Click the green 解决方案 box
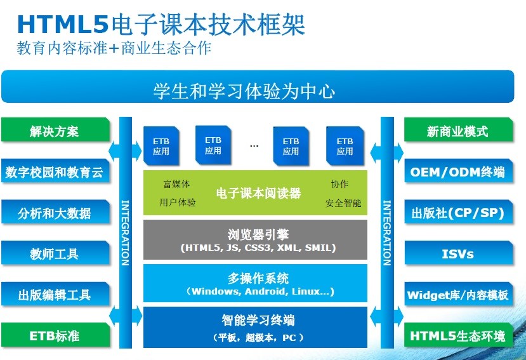(55, 130)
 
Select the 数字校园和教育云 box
(55, 171)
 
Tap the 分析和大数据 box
(55, 212)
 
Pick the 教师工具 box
(55, 253)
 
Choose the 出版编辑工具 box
(55, 294)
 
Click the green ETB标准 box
(55, 335)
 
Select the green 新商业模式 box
(459, 130)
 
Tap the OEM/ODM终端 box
(459, 171)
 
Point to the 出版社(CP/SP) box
(459, 212)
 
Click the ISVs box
(459, 253)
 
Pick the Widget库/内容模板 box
(459, 294)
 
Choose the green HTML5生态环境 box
(459, 335)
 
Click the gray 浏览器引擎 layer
(255, 240)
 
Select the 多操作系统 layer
(255, 283)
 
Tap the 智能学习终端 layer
(255, 327)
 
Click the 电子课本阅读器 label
(258, 193)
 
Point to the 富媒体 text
(176, 184)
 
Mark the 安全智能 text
(343, 203)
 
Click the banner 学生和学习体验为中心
(258, 86)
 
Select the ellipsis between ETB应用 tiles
(254, 146)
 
